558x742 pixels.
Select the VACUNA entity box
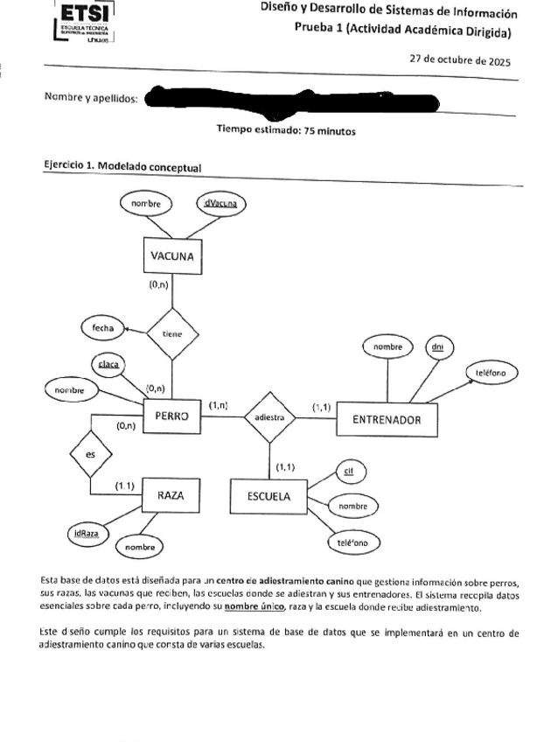[171, 257]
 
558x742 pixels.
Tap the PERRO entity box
[172, 416]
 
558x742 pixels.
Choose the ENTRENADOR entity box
[387, 419]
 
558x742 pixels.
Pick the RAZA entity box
[169, 495]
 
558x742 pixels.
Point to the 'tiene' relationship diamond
[172, 333]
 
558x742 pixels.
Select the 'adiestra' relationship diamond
[269, 418]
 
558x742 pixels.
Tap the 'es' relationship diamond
[91, 454]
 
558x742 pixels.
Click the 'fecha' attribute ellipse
[102, 327]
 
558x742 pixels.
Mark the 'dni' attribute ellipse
[437, 347]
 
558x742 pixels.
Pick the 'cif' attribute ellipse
[348, 472]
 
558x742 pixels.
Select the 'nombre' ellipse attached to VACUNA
[146, 204]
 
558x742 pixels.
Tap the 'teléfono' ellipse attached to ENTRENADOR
[492, 372]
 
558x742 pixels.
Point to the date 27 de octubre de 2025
[460, 62]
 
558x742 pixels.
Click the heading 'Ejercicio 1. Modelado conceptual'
[122, 167]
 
